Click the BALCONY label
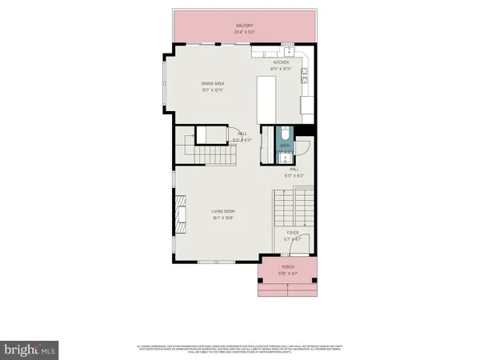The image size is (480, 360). (x=243, y=25)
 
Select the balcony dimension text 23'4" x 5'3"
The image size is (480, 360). (x=243, y=31)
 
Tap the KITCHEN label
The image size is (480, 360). (x=281, y=62)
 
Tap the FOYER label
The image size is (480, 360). (x=293, y=232)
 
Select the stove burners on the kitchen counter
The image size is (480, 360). (x=306, y=76)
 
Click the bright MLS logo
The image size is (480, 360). (x=31, y=350)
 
